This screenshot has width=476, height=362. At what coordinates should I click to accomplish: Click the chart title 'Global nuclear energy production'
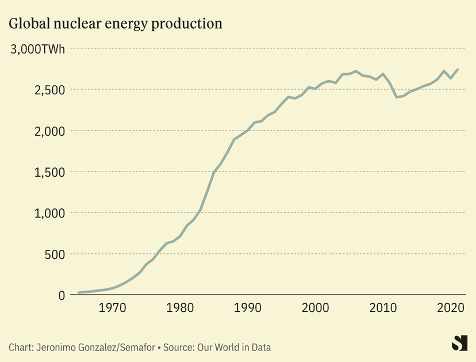(x=115, y=24)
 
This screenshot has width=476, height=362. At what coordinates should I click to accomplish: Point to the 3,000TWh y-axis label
(x=37, y=49)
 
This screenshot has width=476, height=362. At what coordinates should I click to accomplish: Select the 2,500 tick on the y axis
(x=51, y=90)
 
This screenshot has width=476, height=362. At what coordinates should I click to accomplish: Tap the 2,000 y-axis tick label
(x=51, y=131)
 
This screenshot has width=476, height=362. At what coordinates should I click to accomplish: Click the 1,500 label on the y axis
(x=51, y=172)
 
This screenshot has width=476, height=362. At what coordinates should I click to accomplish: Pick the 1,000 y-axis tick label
(x=51, y=213)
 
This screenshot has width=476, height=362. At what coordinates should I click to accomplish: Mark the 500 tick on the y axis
(x=56, y=254)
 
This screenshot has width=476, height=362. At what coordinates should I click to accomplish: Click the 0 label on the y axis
(x=62, y=295)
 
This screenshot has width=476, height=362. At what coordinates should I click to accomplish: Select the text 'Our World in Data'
(x=234, y=348)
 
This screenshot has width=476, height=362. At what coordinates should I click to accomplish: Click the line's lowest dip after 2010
(x=397, y=97)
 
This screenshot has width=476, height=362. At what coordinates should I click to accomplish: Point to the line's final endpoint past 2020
(x=458, y=70)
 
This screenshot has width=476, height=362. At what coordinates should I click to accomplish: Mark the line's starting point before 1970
(x=78, y=293)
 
